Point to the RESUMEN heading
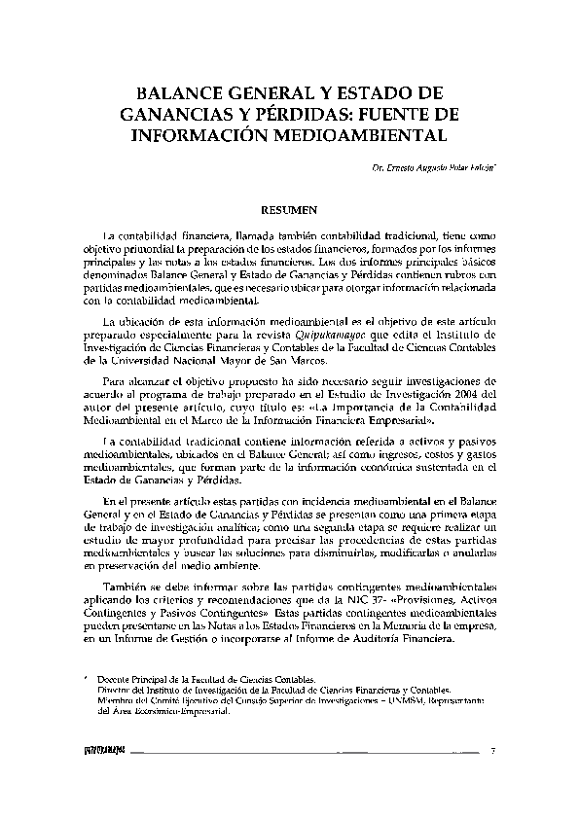(289, 208)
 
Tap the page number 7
(493, 750)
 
